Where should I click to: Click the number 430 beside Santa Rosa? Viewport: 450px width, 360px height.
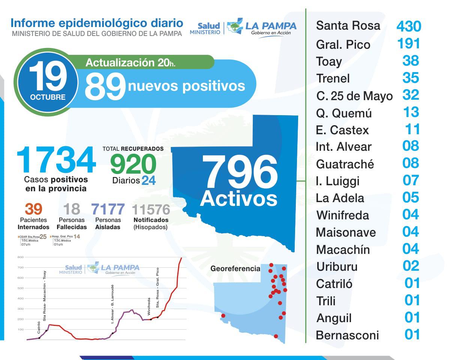pyautogui.click(x=409, y=26)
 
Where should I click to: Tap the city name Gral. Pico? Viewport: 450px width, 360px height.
pyautogui.click(x=343, y=45)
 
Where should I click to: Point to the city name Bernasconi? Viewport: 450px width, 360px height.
pyautogui.click(x=347, y=335)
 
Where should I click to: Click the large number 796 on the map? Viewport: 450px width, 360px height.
pyautogui.click(x=240, y=171)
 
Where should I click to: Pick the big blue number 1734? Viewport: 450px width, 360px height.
pyautogui.click(x=56, y=160)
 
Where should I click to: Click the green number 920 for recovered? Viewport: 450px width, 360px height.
pyautogui.click(x=133, y=164)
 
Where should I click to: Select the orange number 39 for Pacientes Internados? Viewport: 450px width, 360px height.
pyautogui.click(x=33, y=209)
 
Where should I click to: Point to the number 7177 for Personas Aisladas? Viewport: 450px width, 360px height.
pyautogui.click(x=108, y=209)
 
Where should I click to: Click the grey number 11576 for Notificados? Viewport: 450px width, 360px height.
pyautogui.click(x=151, y=209)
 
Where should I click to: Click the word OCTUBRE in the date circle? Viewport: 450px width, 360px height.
pyautogui.click(x=48, y=97)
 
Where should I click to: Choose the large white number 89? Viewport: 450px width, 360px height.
pyautogui.click(x=105, y=86)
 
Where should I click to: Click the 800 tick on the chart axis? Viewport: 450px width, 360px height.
pyautogui.click(x=20, y=257)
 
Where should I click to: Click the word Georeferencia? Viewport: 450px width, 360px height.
pyautogui.click(x=235, y=268)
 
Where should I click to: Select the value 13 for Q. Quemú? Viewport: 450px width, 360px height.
pyautogui.click(x=411, y=112)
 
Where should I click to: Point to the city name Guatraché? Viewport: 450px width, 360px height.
pyautogui.click(x=345, y=164)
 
